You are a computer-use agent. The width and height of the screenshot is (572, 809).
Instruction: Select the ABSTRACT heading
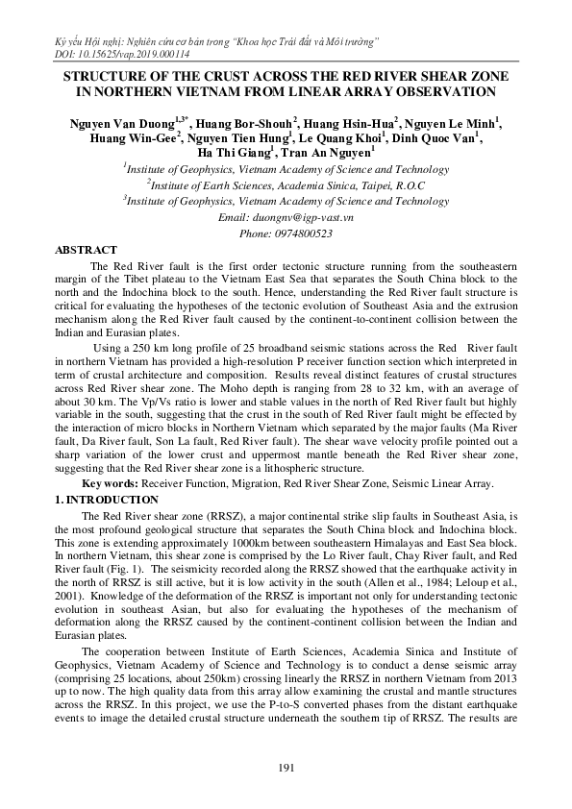click(87, 249)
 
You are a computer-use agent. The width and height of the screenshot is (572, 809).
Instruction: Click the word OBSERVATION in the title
click(440, 92)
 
